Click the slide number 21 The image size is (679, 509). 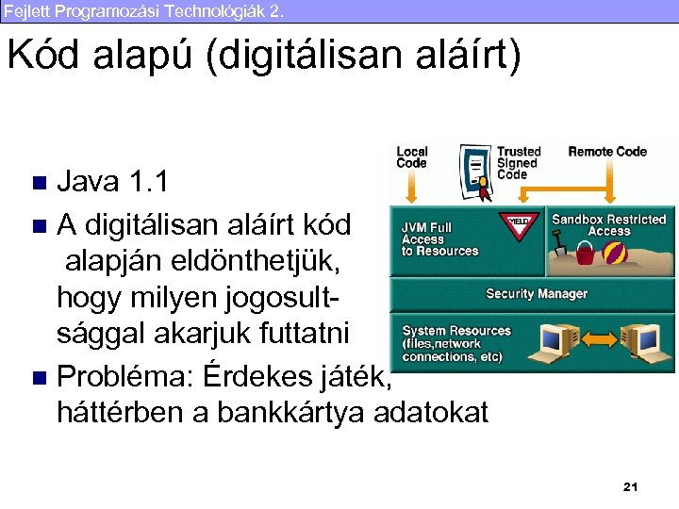click(x=631, y=486)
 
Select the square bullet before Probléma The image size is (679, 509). click(x=39, y=379)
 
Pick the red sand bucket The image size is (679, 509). click(x=585, y=253)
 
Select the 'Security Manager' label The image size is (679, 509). click(x=536, y=294)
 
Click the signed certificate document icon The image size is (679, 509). click(x=475, y=171)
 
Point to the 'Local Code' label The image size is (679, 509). click(x=412, y=157)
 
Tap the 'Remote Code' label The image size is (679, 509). click(x=606, y=152)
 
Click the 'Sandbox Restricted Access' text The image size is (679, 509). click(x=608, y=225)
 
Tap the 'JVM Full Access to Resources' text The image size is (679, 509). click(x=439, y=239)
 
